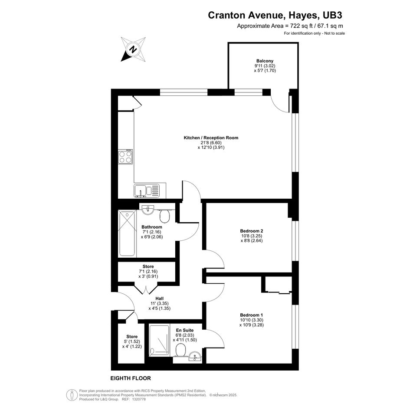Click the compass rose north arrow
[133, 49]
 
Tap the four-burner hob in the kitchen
[125, 157]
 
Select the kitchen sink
[147, 190]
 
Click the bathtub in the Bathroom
[128, 233]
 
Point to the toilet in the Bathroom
[164, 216]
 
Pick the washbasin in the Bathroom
[148, 210]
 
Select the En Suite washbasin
[195, 357]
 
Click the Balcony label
[265, 61]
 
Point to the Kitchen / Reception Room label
[211, 138]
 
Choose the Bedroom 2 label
[252, 231]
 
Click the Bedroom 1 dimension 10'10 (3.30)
[252, 320]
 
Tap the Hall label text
[160, 298]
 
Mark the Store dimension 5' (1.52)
[132, 341]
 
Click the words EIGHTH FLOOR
[131, 378]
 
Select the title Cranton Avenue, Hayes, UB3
[275, 15]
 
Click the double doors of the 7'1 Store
[146, 288]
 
